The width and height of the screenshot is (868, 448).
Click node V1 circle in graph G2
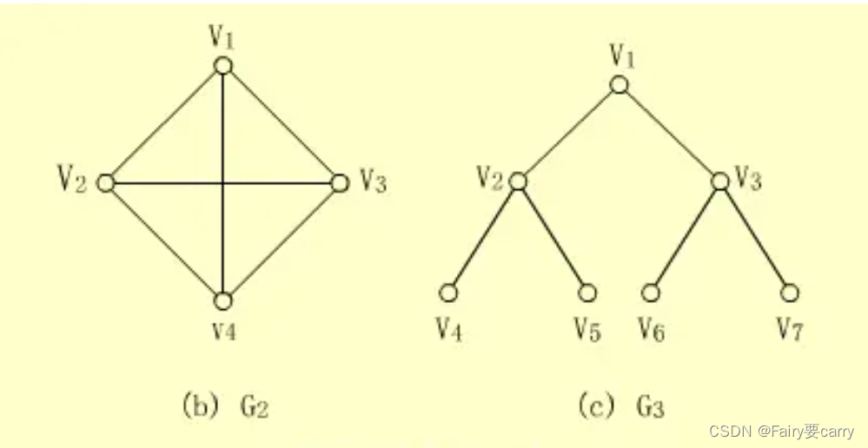[223, 66]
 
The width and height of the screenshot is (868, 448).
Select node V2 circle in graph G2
[106, 183]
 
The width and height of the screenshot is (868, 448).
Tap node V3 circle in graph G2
[341, 183]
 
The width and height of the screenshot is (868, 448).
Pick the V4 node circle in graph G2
[223, 300]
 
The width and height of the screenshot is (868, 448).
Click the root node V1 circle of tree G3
[619, 84]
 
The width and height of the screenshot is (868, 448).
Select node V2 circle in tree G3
[518, 181]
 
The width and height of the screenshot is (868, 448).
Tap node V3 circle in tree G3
[719, 181]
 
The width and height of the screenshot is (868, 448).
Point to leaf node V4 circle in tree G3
[448, 293]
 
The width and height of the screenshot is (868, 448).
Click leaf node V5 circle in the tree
[587, 293]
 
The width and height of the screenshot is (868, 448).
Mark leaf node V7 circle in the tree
[789, 293]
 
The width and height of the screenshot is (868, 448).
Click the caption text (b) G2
[224, 405]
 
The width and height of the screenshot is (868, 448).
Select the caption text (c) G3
[621, 405]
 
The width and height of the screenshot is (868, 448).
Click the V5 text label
[587, 329]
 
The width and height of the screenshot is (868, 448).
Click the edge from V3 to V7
[754, 237]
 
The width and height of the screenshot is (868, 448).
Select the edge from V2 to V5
[553, 237]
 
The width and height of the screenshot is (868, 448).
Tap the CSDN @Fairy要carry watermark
[781, 432]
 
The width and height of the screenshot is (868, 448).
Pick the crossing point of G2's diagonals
[223, 183]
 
